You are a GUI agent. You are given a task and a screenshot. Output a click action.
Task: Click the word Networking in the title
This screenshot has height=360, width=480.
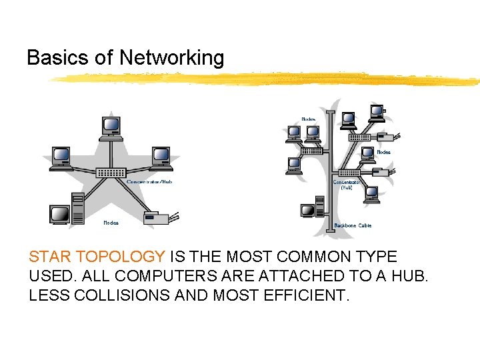click(x=171, y=58)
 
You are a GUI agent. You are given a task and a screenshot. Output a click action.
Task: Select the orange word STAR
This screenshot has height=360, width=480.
click(x=51, y=257)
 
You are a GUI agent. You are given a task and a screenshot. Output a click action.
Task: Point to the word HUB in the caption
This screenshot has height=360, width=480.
click(x=409, y=276)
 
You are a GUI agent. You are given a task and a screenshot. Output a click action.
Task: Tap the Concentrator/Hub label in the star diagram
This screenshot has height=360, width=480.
click(x=149, y=182)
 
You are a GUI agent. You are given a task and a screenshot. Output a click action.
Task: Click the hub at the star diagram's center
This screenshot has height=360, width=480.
click(x=111, y=173)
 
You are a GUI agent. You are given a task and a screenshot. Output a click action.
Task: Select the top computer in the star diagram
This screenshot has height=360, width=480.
click(x=111, y=127)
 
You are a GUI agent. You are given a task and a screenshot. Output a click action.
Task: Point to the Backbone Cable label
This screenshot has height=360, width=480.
click(x=357, y=225)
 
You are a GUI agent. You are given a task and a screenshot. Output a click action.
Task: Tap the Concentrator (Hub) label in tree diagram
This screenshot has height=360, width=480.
click(x=347, y=184)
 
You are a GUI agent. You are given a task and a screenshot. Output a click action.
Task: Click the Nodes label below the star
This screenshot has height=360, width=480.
click(x=111, y=223)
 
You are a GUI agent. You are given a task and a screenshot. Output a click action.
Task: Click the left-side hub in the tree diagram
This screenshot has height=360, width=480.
click(x=311, y=151)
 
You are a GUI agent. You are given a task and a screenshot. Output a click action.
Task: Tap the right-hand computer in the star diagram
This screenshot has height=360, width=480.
click(x=161, y=157)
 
